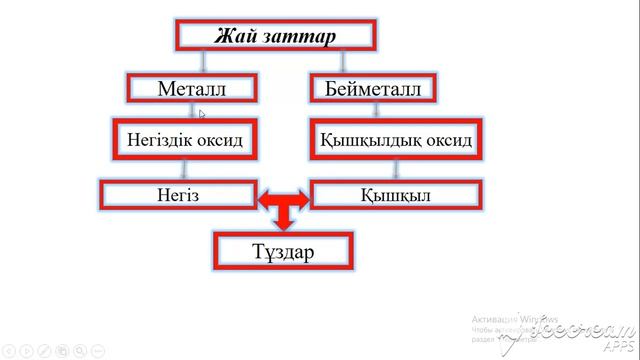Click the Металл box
click(192, 89)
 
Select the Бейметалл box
click(373, 89)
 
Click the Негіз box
click(179, 194)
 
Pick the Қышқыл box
click(395, 194)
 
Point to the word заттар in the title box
click(300, 36)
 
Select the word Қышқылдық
click(366, 140)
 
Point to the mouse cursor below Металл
click(202, 114)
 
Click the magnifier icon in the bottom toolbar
click(80, 350)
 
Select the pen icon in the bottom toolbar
click(44, 350)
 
